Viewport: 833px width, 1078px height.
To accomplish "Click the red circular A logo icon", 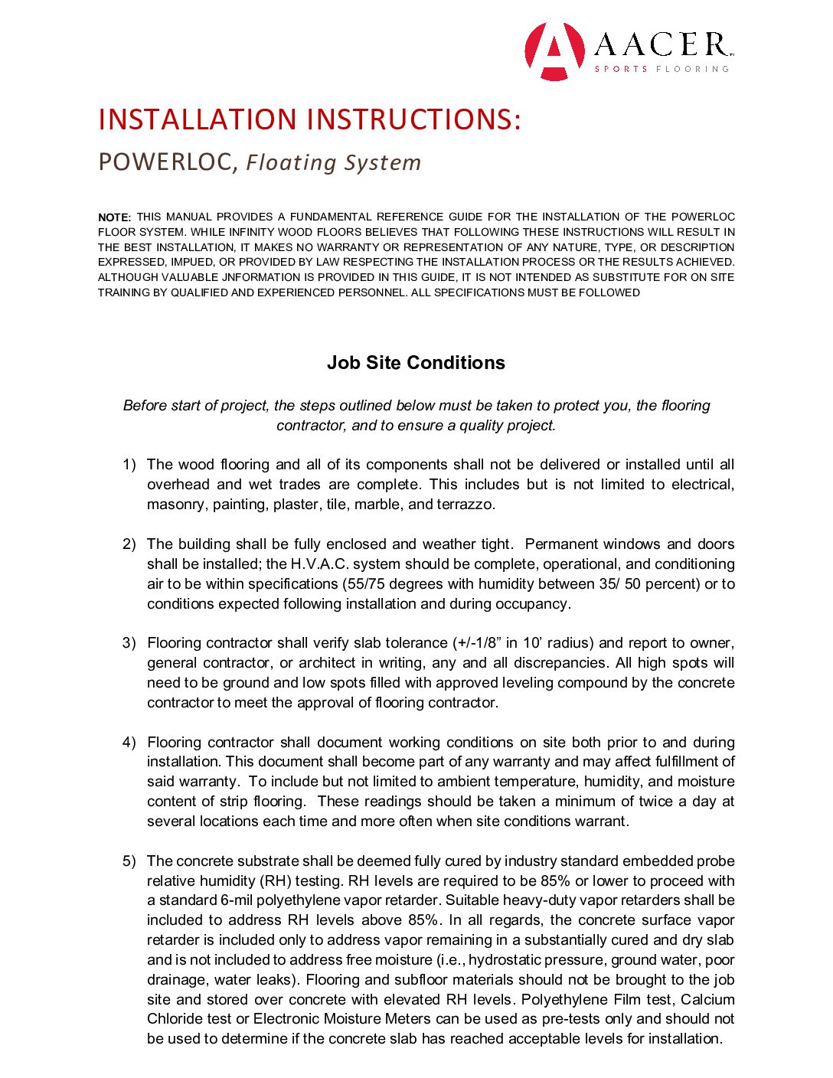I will point(555,51).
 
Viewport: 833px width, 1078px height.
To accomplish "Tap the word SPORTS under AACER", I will point(621,69).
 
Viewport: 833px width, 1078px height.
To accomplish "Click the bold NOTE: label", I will point(115,217).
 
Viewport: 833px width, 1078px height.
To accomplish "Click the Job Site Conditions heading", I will point(416,363).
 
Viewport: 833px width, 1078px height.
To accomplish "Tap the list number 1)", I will point(129,465).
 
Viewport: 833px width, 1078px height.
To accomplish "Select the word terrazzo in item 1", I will point(465,505).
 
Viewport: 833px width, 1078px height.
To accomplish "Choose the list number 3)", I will point(129,643).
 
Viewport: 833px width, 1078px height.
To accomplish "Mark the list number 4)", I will point(129,743).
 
